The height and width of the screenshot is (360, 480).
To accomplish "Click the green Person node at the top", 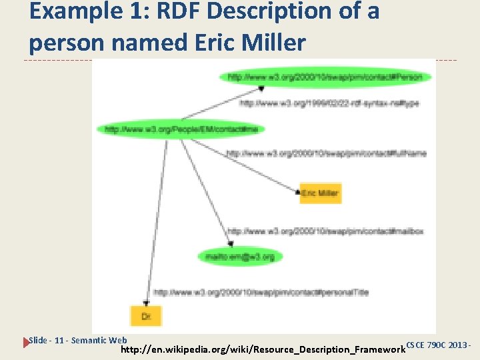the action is tap(325, 77).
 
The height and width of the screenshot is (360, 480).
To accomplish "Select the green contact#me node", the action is tap(181, 129).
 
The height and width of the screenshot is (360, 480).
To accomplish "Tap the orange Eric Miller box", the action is tap(320, 193).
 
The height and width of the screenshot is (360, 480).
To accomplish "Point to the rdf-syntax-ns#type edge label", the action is tap(329, 103).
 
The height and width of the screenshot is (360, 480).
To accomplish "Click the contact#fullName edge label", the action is tap(326, 153).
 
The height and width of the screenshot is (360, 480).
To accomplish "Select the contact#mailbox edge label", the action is tap(325, 231).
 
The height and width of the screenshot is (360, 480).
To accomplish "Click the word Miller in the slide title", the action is tap(273, 42).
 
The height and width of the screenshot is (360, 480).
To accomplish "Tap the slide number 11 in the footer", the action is tap(60, 341).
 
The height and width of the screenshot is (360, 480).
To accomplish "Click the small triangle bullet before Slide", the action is tap(27, 342).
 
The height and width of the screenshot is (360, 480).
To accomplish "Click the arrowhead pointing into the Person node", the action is tap(261, 88).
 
